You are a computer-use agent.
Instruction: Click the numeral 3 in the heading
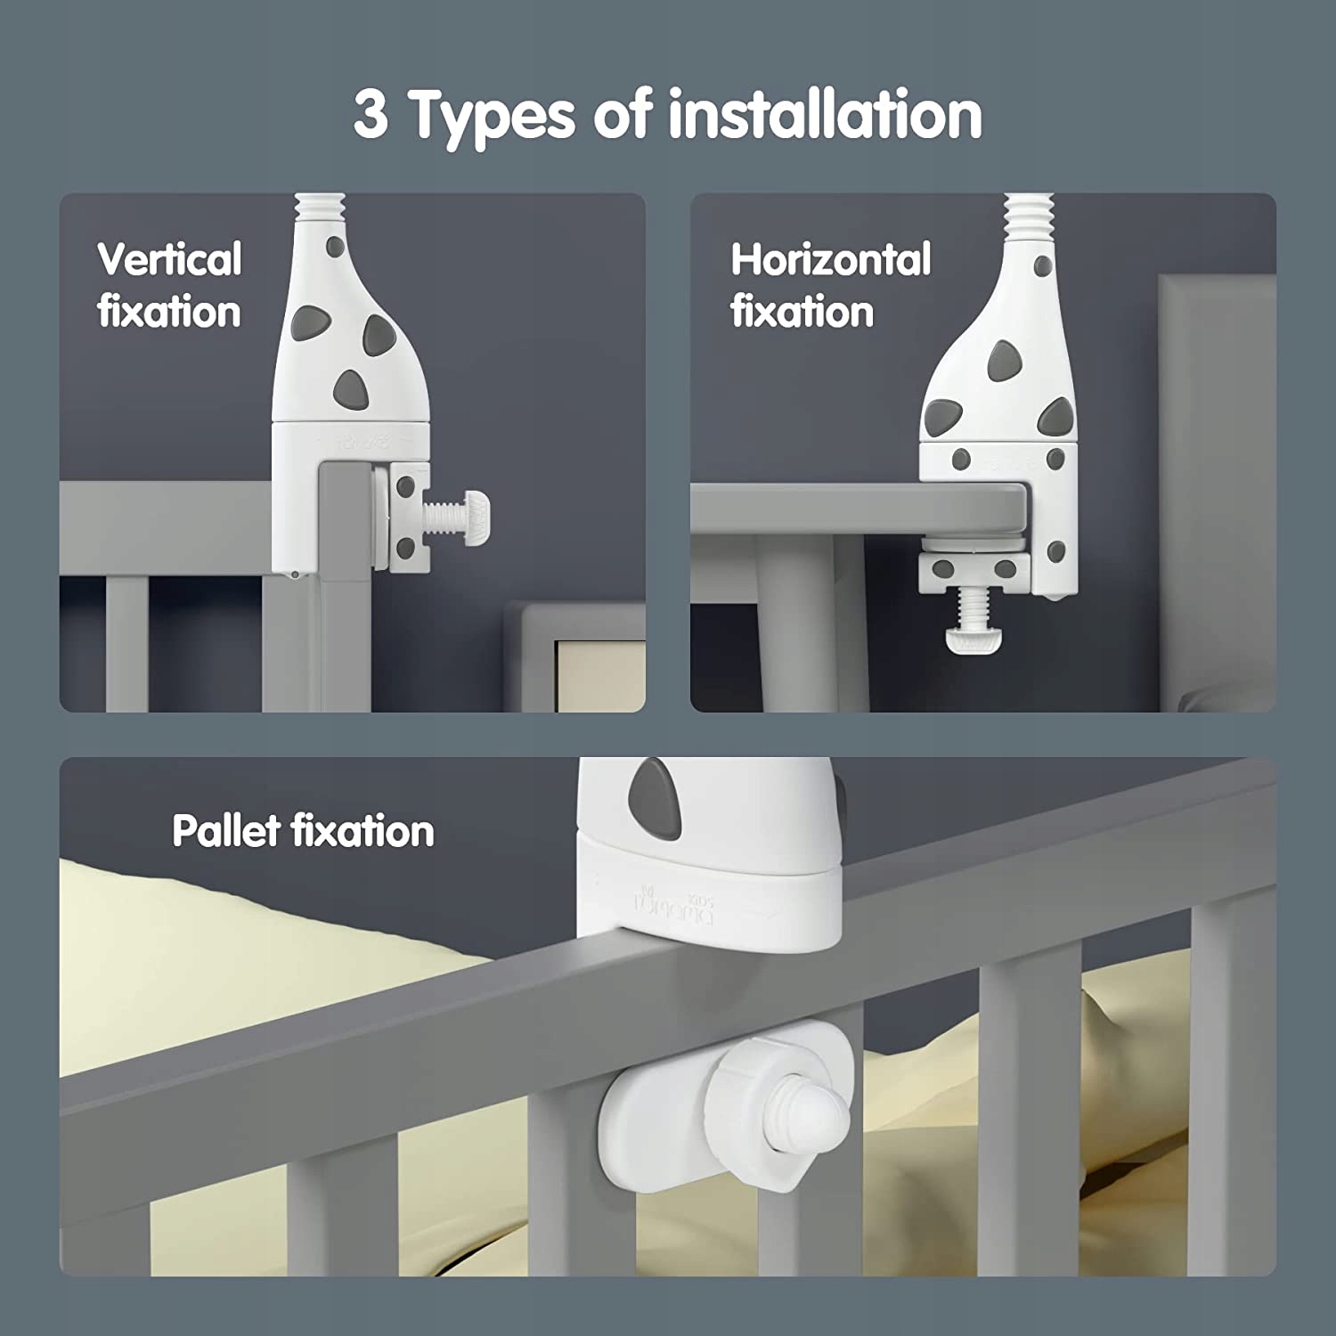point(371,115)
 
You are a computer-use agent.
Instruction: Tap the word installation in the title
point(826,114)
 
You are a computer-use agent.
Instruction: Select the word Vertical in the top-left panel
point(169,260)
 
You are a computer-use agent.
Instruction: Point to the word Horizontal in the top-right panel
point(831,260)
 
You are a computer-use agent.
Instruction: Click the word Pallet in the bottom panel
point(226,830)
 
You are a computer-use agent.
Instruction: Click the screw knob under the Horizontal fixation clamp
point(970,640)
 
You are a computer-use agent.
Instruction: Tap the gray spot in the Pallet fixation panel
point(653,790)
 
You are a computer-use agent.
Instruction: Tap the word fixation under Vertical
point(169,312)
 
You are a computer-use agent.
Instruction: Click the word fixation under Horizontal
point(802,312)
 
